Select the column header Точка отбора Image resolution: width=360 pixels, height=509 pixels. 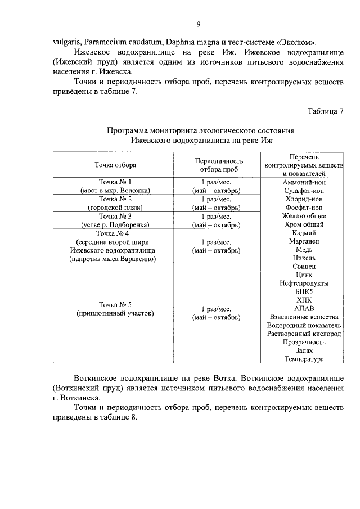click(115, 165)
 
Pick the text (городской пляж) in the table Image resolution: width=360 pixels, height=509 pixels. click(115, 207)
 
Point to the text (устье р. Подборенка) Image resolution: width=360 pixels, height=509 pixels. click(115, 224)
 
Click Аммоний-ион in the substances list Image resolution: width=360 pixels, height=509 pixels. click(304, 182)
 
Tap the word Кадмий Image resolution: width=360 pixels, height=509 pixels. click(304, 233)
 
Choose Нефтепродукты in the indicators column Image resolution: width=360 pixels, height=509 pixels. click(304, 283)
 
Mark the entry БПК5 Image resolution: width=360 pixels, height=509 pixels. click(304, 292)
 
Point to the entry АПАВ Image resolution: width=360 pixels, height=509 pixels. click(304, 309)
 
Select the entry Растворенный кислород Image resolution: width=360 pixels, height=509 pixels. click(304, 334)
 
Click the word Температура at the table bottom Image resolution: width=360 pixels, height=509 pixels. click(304, 359)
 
